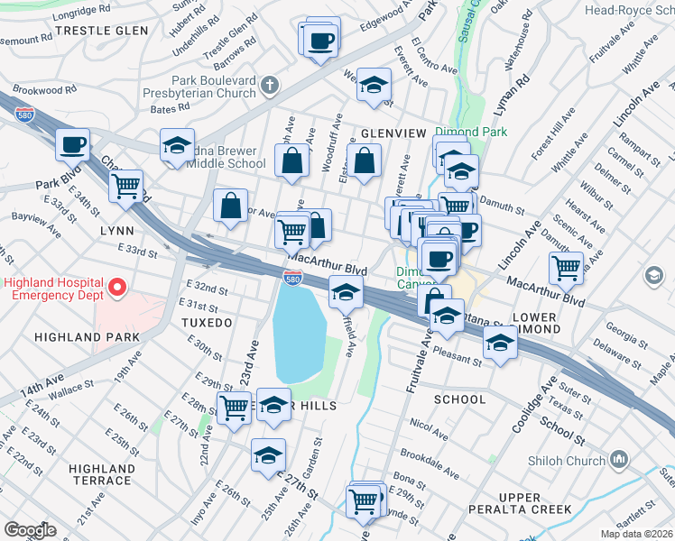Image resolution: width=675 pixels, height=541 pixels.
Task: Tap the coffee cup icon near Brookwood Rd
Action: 73,143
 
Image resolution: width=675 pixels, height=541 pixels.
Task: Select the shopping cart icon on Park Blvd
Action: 126,186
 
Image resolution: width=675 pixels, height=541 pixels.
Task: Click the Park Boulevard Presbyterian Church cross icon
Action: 268,87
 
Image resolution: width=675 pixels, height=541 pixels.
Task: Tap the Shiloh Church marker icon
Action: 619,459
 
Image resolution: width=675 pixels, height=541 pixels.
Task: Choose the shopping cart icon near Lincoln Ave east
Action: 567,266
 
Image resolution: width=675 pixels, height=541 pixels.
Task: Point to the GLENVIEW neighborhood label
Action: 393,133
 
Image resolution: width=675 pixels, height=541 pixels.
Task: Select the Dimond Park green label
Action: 471,132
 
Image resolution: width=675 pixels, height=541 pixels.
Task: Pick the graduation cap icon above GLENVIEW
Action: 374,85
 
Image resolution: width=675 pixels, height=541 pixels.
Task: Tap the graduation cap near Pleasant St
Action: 500,343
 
